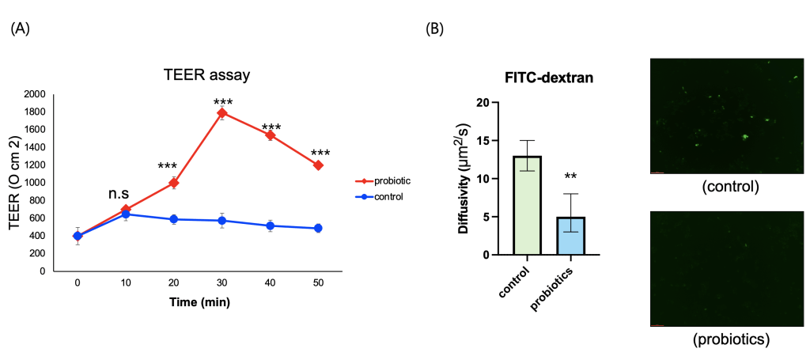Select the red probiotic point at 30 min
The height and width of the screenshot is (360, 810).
[x=222, y=113]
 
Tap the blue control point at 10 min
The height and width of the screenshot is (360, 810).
[x=126, y=214]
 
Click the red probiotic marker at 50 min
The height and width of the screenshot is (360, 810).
[x=319, y=165]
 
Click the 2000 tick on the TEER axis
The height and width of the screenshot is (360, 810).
[x=36, y=94]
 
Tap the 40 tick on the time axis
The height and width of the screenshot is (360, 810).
[x=271, y=282]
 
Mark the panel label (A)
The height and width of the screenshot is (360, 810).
[x=21, y=29]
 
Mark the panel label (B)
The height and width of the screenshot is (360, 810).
[x=436, y=29]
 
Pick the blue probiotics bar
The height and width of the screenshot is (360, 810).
[x=570, y=236]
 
